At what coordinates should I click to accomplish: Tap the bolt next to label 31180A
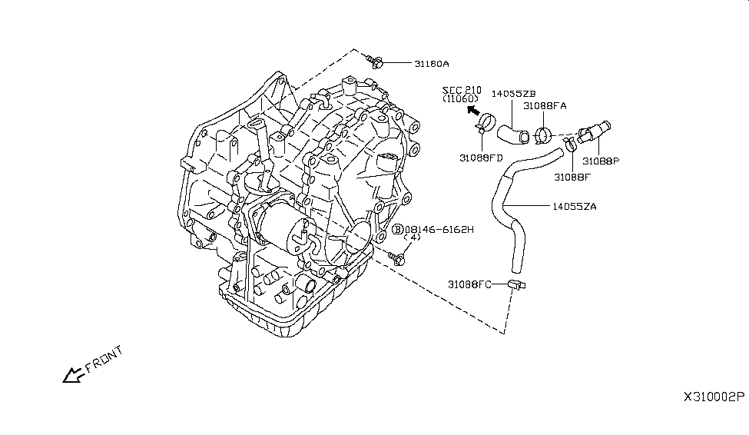click(375, 58)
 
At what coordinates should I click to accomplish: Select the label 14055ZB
click(513, 94)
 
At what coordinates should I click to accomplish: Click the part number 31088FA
click(545, 106)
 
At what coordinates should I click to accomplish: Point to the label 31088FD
click(482, 158)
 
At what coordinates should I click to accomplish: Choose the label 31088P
click(600, 161)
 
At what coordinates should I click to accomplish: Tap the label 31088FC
click(470, 284)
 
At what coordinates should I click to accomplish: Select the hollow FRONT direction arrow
click(74, 374)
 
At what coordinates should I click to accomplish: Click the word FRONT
click(104, 360)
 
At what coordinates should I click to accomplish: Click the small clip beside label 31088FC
click(515, 286)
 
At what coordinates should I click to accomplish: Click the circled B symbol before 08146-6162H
click(398, 229)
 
